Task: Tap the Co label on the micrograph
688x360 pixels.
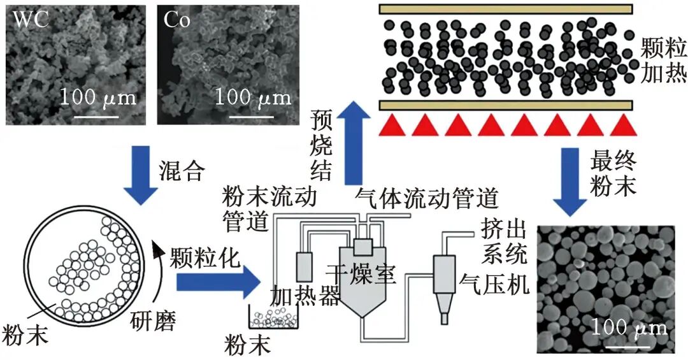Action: [x=177, y=20]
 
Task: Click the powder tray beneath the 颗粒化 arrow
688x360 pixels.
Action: [x=273, y=317]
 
